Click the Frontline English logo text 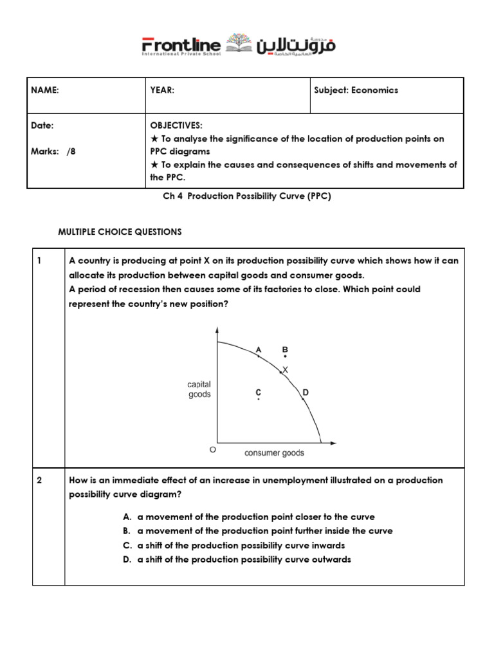click(x=181, y=46)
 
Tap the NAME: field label click(x=45, y=91)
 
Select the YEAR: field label click(x=162, y=91)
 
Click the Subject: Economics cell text click(x=356, y=91)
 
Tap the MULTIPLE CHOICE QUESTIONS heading click(x=120, y=232)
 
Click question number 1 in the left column click(x=39, y=261)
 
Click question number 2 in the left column click(x=39, y=481)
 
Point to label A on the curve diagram click(x=259, y=349)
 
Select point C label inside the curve click(x=258, y=392)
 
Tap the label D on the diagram click(x=305, y=392)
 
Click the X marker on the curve click(x=286, y=369)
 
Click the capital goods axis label click(x=199, y=389)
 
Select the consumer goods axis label click(x=274, y=453)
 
